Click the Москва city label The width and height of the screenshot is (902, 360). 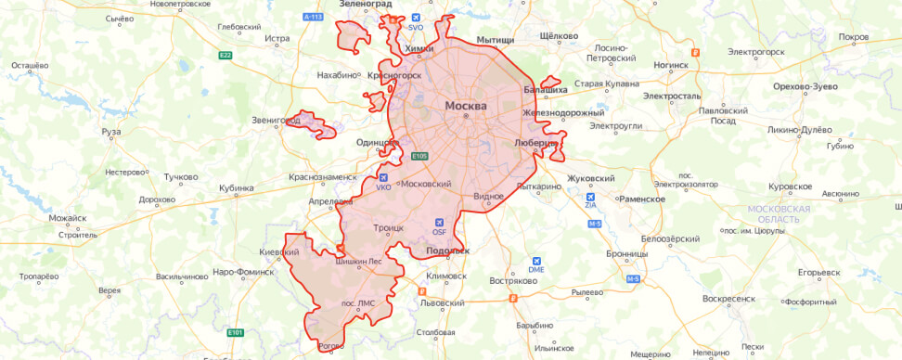pos(466,105)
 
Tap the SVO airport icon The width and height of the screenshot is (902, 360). pos(415,18)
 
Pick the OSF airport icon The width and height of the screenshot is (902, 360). pos(440,222)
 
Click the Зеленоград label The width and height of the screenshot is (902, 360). pos(367,5)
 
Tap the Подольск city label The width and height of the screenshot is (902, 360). pos(448,251)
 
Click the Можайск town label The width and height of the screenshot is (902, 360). pos(68,218)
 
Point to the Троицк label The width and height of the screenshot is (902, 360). pos(388,226)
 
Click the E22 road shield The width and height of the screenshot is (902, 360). pos(225,56)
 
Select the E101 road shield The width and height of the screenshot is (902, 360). pos(235,332)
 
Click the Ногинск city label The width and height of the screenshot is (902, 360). pos(671,66)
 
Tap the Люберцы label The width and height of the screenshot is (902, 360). pos(535,143)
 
